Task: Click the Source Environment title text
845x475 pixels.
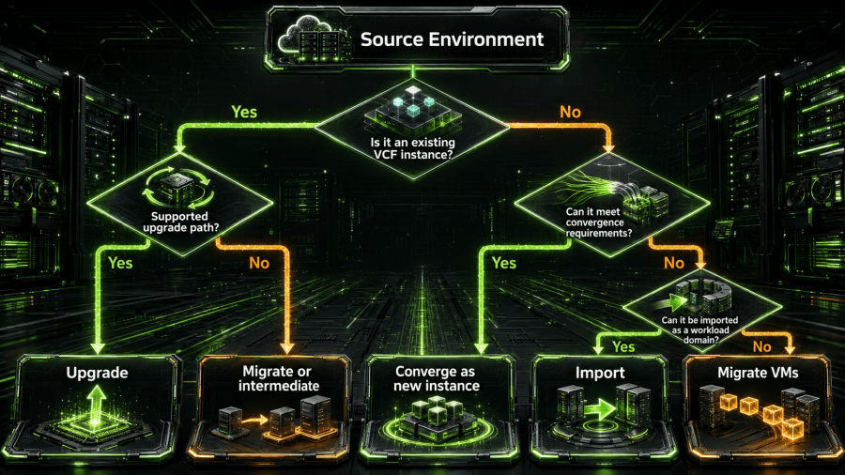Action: pos(452,39)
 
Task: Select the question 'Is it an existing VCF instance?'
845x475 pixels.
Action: pos(413,148)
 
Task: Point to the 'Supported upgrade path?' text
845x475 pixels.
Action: pos(180,222)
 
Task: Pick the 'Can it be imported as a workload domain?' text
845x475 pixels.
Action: pos(700,329)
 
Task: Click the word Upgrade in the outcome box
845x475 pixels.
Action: pos(97,373)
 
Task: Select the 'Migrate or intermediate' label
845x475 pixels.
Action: pos(278,378)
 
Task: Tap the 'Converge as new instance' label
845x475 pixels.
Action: pos(436,378)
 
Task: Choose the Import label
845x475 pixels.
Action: pos(600,373)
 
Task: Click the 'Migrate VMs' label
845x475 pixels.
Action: pos(758,373)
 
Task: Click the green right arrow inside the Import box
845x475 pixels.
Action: pos(599,410)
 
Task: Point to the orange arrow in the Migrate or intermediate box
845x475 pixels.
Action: pos(254,420)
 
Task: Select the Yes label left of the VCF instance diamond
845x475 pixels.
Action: pos(244,112)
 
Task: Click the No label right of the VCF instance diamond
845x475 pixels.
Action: pos(570,112)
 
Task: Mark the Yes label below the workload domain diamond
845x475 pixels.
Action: pos(623,346)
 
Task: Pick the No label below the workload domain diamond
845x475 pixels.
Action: pos(762,346)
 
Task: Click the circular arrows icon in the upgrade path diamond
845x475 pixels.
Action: pos(178,188)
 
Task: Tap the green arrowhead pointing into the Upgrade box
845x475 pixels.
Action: pos(98,348)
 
